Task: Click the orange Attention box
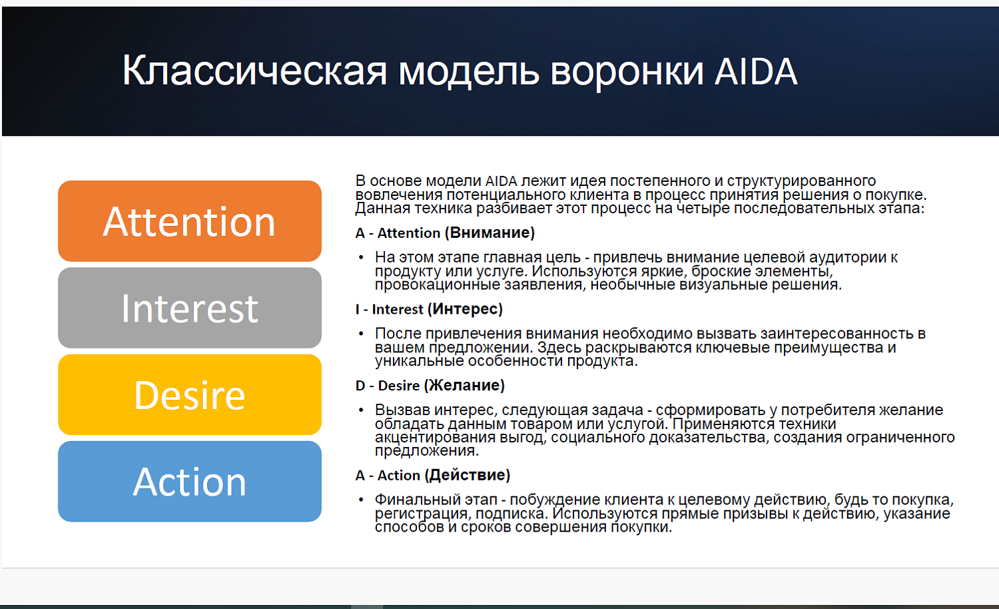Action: [x=190, y=221]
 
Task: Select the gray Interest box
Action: [x=190, y=308]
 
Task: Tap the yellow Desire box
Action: [x=190, y=394]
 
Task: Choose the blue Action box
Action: [x=190, y=481]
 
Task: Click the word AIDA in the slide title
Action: [x=755, y=71]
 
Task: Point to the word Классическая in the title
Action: [x=254, y=71]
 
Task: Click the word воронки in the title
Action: [x=627, y=71]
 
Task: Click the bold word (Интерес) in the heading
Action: [x=465, y=309]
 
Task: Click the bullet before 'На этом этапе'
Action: [x=361, y=258]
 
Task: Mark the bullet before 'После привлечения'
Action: [x=361, y=334]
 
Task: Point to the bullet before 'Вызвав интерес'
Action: [x=361, y=410]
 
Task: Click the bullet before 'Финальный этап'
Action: [x=361, y=500]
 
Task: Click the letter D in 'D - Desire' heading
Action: [x=360, y=386]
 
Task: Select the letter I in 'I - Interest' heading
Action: [x=358, y=310]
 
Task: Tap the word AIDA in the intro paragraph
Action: [x=501, y=181]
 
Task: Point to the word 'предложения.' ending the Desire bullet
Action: [x=426, y=450]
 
